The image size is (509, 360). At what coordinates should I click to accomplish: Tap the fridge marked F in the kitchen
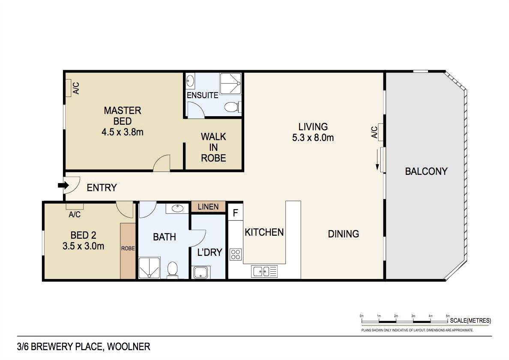click(236, 213)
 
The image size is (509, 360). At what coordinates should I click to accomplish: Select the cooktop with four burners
click(236, 255)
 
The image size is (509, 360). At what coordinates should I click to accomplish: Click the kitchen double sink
click(264, 271)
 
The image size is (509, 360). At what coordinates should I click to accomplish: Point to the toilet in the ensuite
click(233, 107)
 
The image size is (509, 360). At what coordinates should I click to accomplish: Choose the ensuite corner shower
click(231, 84)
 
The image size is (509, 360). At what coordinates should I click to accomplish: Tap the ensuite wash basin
click(190, 81)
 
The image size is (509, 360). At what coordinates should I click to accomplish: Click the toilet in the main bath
click(172, 270)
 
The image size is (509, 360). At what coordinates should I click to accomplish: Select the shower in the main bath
click(150, 268)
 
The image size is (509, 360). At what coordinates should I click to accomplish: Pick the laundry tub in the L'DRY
click(201, 272)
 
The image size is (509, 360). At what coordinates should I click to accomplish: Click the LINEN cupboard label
click(208, 207)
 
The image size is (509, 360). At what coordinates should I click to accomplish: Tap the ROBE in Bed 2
click(128, 250)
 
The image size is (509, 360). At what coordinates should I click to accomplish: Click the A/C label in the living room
click(374, 132)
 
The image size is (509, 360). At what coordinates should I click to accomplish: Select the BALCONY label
click(426, 171)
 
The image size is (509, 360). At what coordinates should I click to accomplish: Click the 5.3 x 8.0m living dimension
click(313, 138)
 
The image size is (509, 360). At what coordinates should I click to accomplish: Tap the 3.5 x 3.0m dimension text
click(84, 246)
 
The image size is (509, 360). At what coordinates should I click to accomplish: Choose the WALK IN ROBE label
click(214, 147)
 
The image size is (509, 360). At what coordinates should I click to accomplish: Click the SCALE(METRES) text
click(470, 321)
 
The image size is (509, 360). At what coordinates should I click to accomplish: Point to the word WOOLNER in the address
click(129, 347)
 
